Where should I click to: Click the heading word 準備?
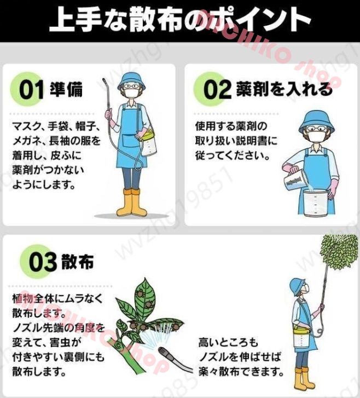(66, 90)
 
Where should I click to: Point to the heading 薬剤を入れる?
(284, 89)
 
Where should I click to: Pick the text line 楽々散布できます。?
(241, 372)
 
